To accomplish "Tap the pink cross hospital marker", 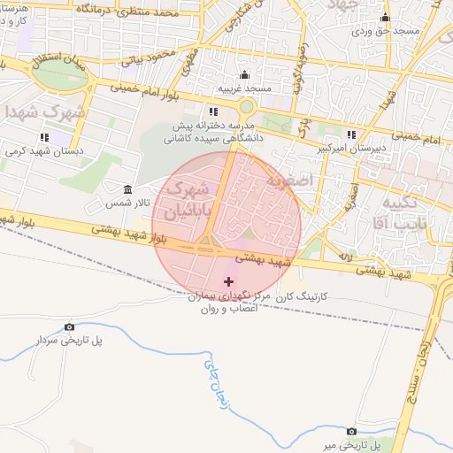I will (x=230, y=280).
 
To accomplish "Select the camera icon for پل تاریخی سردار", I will (x=70, y=326).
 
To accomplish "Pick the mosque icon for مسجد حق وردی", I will (x=384, y=18).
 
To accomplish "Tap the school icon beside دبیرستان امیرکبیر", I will (x=352, y=135).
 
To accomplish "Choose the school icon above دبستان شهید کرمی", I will (x=44, y=137).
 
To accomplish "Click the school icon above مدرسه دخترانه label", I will (x=213, y=111).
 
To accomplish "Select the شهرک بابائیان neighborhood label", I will (x=188, y=198).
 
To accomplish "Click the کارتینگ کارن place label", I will (x=303, y=299).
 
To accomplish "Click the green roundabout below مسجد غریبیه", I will (x=246, y=107).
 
